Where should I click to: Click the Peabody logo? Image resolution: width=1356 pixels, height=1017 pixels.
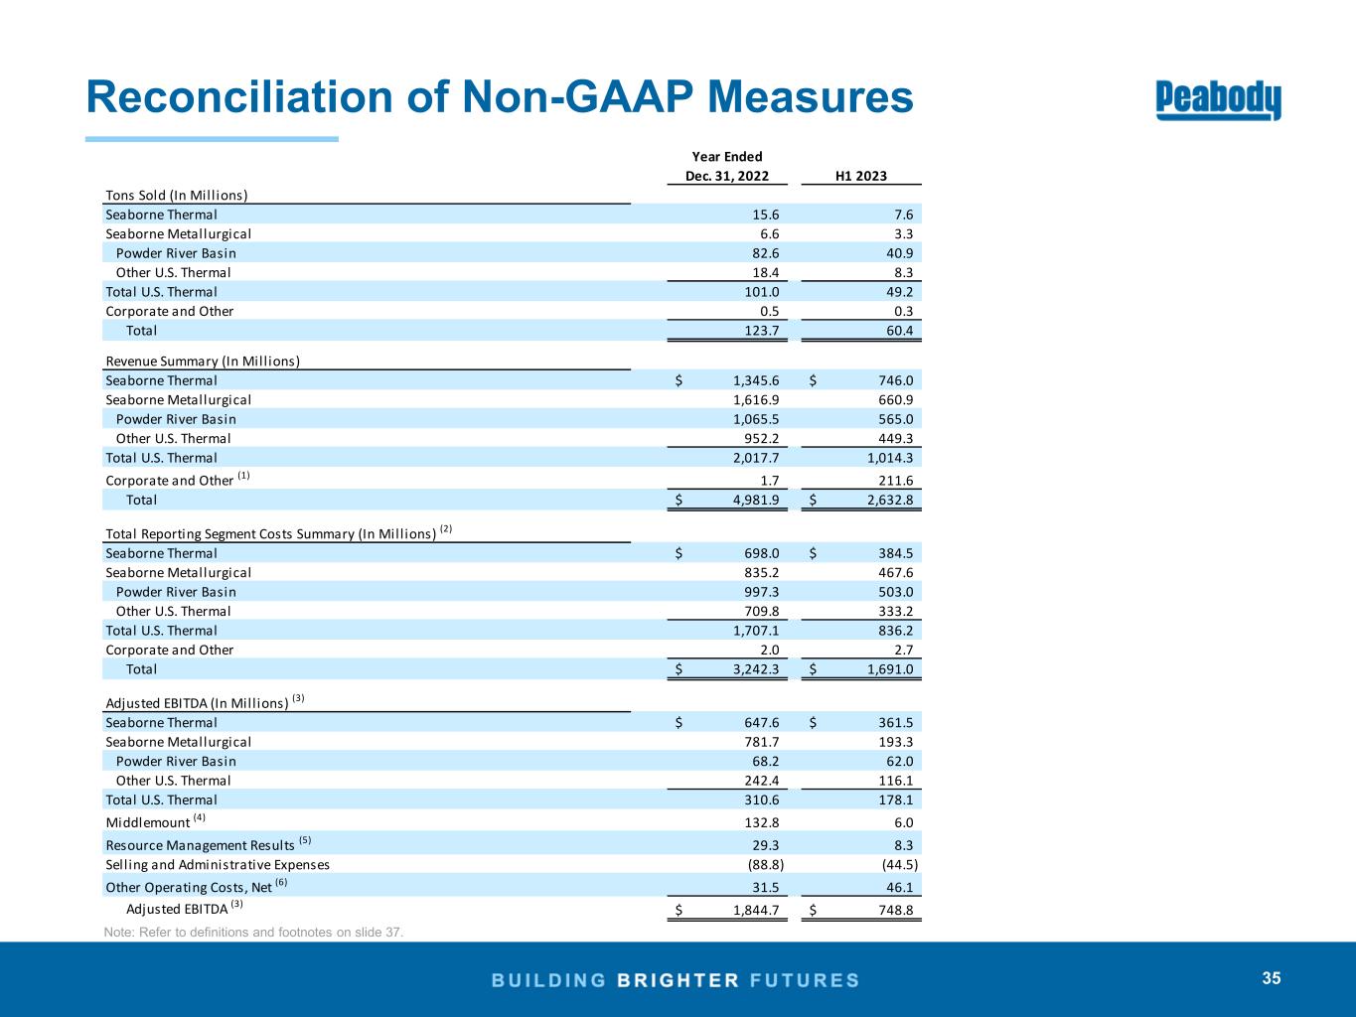(x=1218, y=100)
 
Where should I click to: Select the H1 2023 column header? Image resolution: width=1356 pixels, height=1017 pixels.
(x=860, y=176)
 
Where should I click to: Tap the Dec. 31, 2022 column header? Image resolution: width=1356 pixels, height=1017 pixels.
(x=726, y=176)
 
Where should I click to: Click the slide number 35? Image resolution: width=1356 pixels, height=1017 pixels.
(x=1272, y=978)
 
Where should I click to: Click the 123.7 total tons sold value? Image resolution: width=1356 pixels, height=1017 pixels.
(x=762, y=330)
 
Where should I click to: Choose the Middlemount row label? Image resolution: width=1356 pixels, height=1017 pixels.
(x=147, y=822)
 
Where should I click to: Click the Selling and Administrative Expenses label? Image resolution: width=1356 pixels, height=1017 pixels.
(x=218, y=865)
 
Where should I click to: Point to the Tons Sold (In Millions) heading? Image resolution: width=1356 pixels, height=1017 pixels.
(x=176, y=195)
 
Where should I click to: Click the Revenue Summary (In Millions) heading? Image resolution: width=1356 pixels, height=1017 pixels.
(x=203, y=361)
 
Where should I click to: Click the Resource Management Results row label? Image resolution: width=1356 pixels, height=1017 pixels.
(x=202, y=845)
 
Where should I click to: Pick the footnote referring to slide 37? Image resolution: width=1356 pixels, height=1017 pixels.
(x=253, y=932)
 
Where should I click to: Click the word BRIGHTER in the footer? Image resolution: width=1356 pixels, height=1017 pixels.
(x=678, y=980)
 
